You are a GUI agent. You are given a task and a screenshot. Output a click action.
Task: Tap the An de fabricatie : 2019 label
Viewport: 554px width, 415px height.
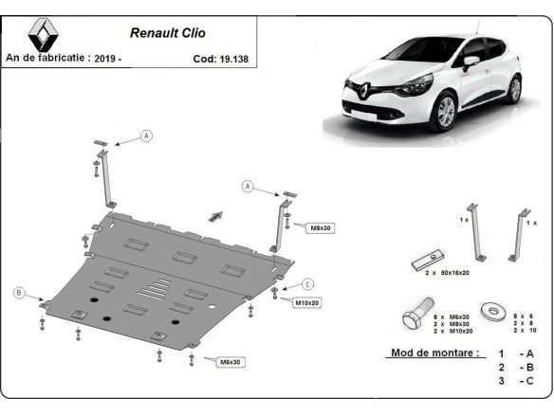click(65, 58)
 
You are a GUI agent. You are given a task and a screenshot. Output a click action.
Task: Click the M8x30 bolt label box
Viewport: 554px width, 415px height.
click(321, 227)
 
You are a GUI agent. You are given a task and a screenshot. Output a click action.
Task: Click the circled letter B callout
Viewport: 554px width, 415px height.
click(19, 292)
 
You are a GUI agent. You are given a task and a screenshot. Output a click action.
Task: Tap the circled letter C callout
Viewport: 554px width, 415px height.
click(307, 283)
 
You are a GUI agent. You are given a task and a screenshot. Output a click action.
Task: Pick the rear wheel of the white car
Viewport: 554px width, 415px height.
click(513, 89)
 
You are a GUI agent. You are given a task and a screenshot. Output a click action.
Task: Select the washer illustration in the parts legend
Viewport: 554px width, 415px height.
click(492, 311)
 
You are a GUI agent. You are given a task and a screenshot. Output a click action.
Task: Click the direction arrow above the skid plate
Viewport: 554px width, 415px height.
click(216, 216)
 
